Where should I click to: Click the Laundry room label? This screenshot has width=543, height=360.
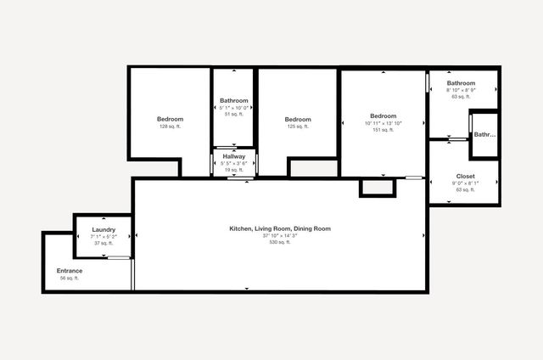pyautogui.click(x=104, y=229)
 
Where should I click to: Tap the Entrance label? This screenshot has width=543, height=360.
pyautogui.click(x=70, y=271)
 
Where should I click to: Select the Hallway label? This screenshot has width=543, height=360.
pyautogui.click(x=234, y=156)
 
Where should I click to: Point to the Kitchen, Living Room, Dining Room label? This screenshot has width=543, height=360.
pyautogui.click(x=280, y=228)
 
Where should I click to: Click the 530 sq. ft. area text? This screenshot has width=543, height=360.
pyautogui.click(x=280, y=242)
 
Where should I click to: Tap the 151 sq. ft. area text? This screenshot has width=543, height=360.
pyautogui.click(x=383, y=130)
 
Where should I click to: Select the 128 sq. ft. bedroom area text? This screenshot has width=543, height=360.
pyautogui.click(x=171, y=127)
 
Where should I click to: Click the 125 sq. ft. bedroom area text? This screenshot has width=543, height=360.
pyautogui.click(x=298, y=127)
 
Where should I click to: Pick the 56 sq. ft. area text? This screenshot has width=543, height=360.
pyautogui.click(x=70, y=278)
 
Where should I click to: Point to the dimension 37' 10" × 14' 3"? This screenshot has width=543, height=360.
pyautogui.click(x=280, y=235)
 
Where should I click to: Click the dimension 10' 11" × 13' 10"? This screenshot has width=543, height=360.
pyautogui.click(x=383, y=123)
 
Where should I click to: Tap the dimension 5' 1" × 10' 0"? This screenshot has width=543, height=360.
pyautogui.click(x=234, y=107)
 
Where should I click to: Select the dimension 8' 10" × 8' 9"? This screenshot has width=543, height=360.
pyautogui.click(x=462, y=90)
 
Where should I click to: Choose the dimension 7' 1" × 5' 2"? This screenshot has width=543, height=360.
pyautogui.click(x=104, y=236)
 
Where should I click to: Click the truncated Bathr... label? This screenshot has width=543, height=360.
pyautogui.click(x=484, y=134)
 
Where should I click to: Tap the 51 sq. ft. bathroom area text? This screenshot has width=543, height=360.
pyautogui.click(x=234, y=114)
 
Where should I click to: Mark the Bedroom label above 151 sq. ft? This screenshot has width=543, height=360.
pyautogui.click(x=383, y=116)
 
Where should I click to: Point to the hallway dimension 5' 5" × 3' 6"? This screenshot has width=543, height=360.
pyautogui.click(x=234, y=163)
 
